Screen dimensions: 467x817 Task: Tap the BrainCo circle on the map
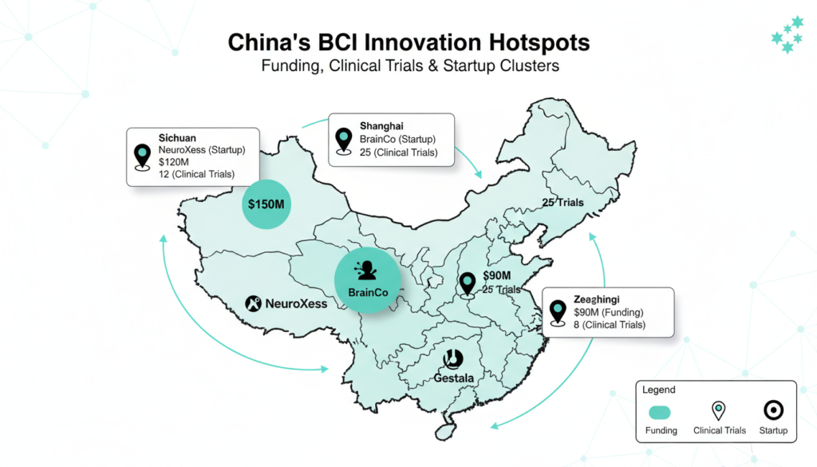coord(368,279)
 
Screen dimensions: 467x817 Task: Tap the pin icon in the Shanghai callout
coord(345,140)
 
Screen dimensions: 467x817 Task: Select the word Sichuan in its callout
coord(178,137)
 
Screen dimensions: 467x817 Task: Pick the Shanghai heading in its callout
coord(381,126)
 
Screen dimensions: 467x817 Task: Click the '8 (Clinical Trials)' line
coord(610,325)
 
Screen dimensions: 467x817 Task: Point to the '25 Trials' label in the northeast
coord(562,203)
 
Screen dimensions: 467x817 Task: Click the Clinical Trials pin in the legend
coord(719,410)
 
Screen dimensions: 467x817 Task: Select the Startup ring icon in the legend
coord(773,410)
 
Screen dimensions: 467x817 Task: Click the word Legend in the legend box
coord(659,390)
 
